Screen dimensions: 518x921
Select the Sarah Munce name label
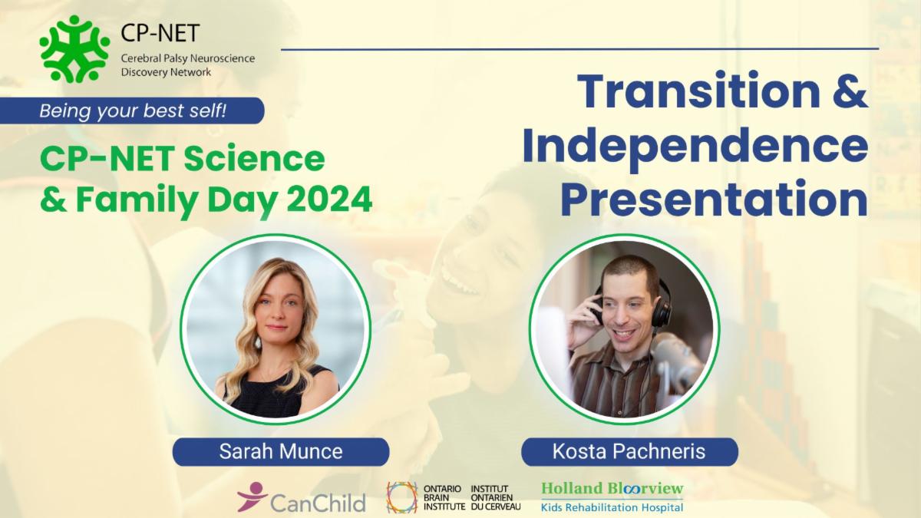[280, 452]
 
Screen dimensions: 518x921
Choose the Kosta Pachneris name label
[629, 452]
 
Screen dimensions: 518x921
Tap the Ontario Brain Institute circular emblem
[401, 497]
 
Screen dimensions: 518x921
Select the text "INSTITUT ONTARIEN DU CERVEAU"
[494, 497]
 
